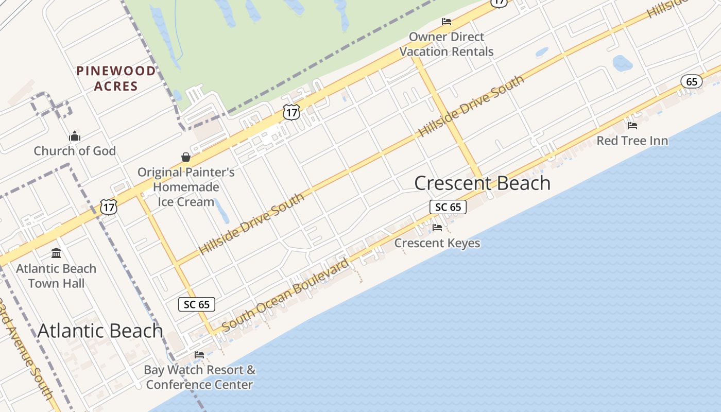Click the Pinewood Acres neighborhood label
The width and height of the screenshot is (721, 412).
tap(116, 78)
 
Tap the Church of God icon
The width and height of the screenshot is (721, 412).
tap(75, 136)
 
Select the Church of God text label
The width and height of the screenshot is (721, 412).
tap(75, 151)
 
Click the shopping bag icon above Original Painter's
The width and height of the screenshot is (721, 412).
tap(186, 157)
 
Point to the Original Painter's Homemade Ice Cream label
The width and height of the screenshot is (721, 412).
tap(186, 187)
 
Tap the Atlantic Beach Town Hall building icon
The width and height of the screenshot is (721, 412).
tap(56, 253)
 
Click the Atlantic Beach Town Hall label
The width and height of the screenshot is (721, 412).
tap(56, 276)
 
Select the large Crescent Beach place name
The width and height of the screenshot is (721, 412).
tap(482, 183)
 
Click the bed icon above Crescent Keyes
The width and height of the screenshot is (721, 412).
tap(437, 227)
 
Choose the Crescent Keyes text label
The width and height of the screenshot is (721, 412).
tap(437, 243)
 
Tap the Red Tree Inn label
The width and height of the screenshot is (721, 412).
tap(632, 141)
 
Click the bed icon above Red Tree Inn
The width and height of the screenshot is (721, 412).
tap(632, 125)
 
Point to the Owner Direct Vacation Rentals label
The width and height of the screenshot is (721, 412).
tap(447, 44)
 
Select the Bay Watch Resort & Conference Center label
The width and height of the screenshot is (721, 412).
tap(200, 377)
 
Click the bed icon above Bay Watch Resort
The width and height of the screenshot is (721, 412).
tap(199, 354)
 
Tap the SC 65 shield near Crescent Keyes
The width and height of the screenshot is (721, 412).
tap(448, 207)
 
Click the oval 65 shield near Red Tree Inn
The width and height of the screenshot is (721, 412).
tap(692, 81)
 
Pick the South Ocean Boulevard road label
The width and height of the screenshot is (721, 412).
tap(285, 295)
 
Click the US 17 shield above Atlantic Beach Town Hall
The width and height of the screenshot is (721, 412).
tap(109, 207)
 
